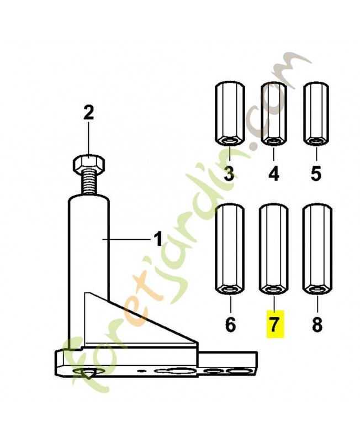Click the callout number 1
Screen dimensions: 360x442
(158, 239)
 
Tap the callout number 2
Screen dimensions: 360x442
(89, 113)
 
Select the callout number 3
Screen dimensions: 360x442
(229, 173)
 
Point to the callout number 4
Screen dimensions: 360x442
(273, 173)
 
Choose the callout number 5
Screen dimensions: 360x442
(316, 173)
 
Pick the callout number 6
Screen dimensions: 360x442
(230, 324)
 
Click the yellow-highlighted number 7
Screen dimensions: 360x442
(275, 324)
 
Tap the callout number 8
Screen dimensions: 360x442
(317, 324)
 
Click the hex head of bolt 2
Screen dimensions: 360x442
(89, 164)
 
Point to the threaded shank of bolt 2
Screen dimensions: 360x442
(89, 182)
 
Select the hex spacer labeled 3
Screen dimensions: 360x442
(230, 114)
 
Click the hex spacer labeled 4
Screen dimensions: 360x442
(273, 114)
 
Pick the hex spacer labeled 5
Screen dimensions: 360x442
(316, 114)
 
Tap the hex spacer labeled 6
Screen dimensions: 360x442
(230, 249)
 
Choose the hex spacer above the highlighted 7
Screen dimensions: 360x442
(273, 249)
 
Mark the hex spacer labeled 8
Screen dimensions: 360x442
(317, 249)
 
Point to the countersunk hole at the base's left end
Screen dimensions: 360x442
(88, 372)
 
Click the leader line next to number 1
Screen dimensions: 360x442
(126, 239)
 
